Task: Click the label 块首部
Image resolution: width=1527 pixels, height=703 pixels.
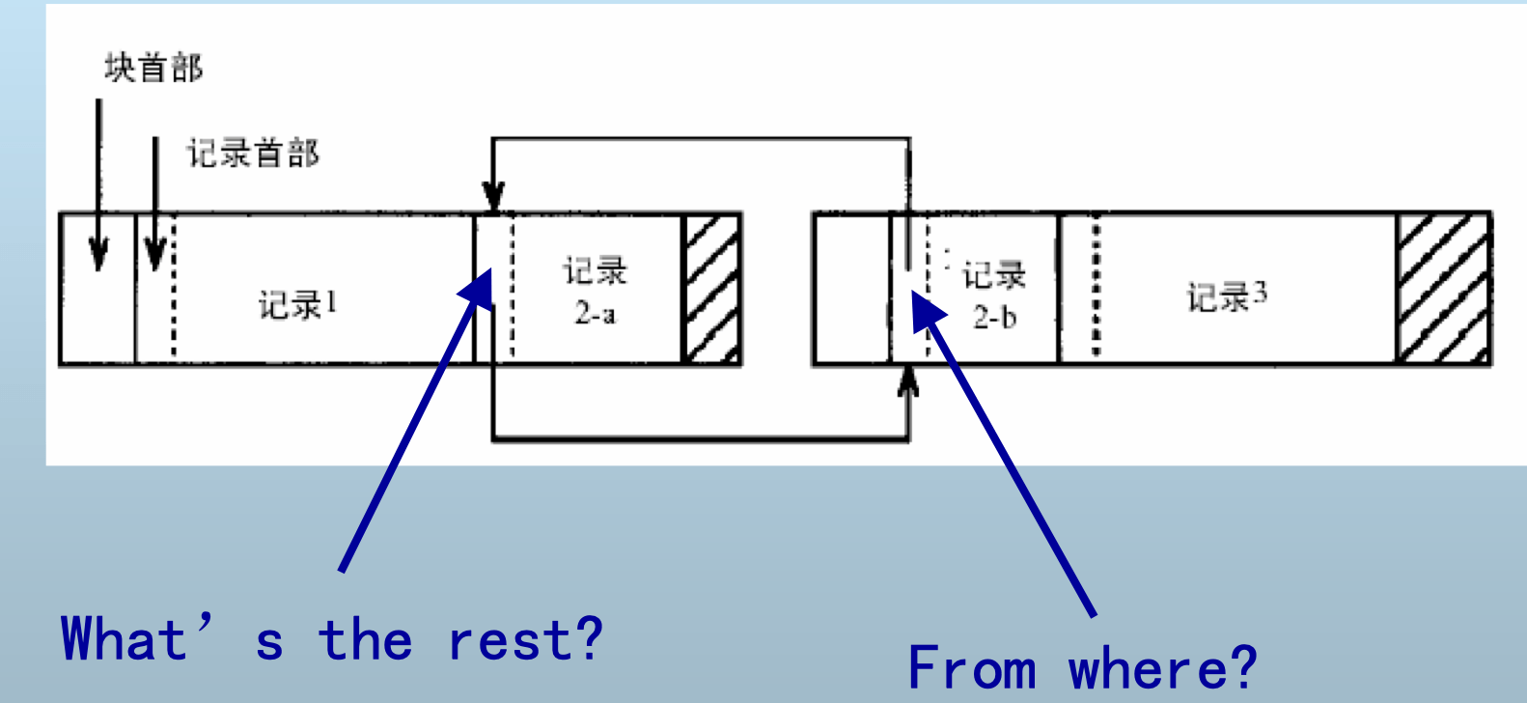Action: coord(153,68)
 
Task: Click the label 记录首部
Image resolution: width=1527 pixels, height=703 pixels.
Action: coord(252,153)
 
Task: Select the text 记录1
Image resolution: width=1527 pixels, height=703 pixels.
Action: coord(297,304)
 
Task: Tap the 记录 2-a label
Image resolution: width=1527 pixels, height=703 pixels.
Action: coord(596,290)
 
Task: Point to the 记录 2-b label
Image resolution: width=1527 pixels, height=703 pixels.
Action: coord(993,295)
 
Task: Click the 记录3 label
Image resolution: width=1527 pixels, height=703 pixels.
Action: coord(1226,295)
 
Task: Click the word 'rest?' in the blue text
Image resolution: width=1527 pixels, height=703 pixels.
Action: coord(526,639)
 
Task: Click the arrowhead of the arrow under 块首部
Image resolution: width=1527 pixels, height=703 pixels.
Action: coord(98,256)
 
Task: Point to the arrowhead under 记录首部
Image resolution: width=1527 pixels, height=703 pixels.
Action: coord(154,256)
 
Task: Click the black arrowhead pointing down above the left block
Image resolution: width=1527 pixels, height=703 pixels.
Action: coord(493,198)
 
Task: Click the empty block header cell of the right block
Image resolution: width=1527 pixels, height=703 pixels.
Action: coord(850,288)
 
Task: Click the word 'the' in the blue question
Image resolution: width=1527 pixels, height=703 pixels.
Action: coord(365,639)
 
